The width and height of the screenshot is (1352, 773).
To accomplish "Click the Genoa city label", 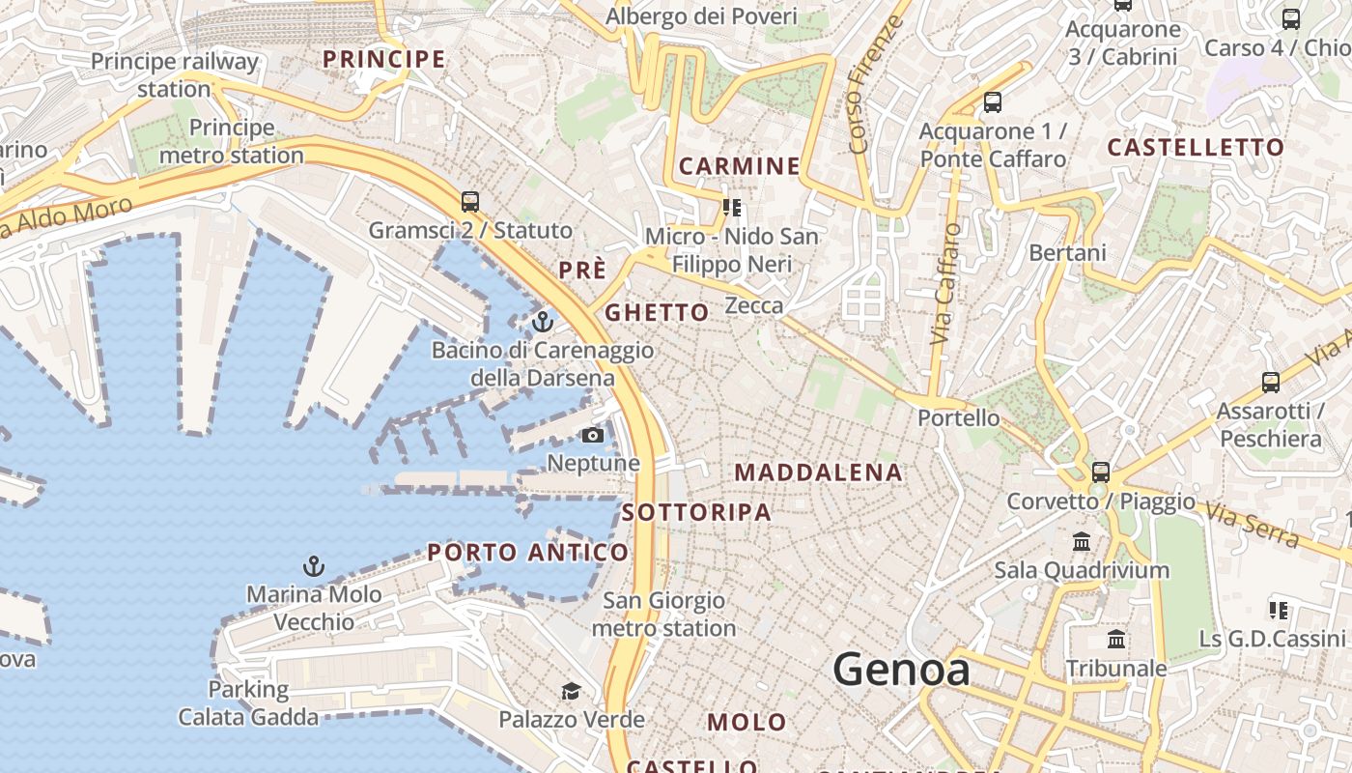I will pyautogui.click(x=901, y=669).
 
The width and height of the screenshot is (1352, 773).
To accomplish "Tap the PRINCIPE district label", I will pyautogui.click(x=384, y=59).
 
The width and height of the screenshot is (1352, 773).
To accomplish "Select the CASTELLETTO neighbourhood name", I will pyautogui.click(x=1196, y=148).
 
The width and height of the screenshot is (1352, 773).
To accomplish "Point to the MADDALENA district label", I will pyautogui.click(x=818, y=472).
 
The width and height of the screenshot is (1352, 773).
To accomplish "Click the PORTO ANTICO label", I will pyautogui.click(x=528, y=553).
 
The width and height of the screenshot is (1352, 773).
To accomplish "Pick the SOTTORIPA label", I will pyautogui.click(x=696, y=512).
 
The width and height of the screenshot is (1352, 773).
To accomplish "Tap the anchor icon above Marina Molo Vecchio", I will pyautogui.click(x=313, y=566).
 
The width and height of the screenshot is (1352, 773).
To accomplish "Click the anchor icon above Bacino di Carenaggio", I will pyautogui.click(x=543, y=321).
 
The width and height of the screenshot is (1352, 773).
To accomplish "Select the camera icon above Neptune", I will pyautogui.click(x=593, y=436).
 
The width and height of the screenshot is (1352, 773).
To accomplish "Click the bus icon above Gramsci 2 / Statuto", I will pyautogui.click(x=470, y=202).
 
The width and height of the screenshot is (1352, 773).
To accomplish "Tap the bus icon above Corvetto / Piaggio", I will pyautogui.click(x=1101, y=472).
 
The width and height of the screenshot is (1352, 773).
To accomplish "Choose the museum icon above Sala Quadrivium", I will pyautogui.click(x=1082, y=541).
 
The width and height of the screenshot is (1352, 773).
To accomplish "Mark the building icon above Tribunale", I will pyautogui.click(x=1116, y=640).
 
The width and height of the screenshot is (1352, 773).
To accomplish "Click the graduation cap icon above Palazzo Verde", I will pyautogui.click(x=571, y=691).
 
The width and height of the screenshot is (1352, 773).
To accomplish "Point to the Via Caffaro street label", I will pyautogui.click(x=946, y=284).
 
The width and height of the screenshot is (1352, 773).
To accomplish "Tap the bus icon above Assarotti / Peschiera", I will pyautogui.click(x=1271, y=383).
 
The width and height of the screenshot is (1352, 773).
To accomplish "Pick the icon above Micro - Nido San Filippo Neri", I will pyautogui.click(x=732, y=208).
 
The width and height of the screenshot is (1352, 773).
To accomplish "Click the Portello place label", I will pyautogui.click(x=959, y=418).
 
